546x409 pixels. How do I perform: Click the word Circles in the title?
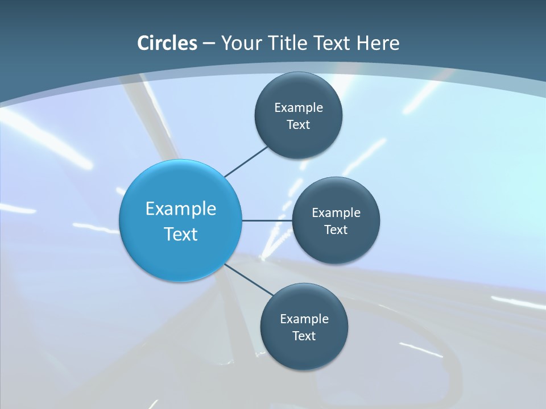[167, 43]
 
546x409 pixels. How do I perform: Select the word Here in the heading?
[378, 43]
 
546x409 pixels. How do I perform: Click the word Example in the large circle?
[181, 208]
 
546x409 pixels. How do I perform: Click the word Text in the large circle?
[181, 234]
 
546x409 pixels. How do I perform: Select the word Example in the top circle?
[299, 107]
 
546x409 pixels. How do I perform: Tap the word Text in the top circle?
[299, 124]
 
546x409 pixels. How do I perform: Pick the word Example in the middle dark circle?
[336, 212]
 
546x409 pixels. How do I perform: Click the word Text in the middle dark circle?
[336, 229]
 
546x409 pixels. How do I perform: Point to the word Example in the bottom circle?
[304, 319]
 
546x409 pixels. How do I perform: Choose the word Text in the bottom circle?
[304, 336]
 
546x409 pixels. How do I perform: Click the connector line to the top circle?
[246, 161]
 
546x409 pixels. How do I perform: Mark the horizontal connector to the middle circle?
[267, 220]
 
